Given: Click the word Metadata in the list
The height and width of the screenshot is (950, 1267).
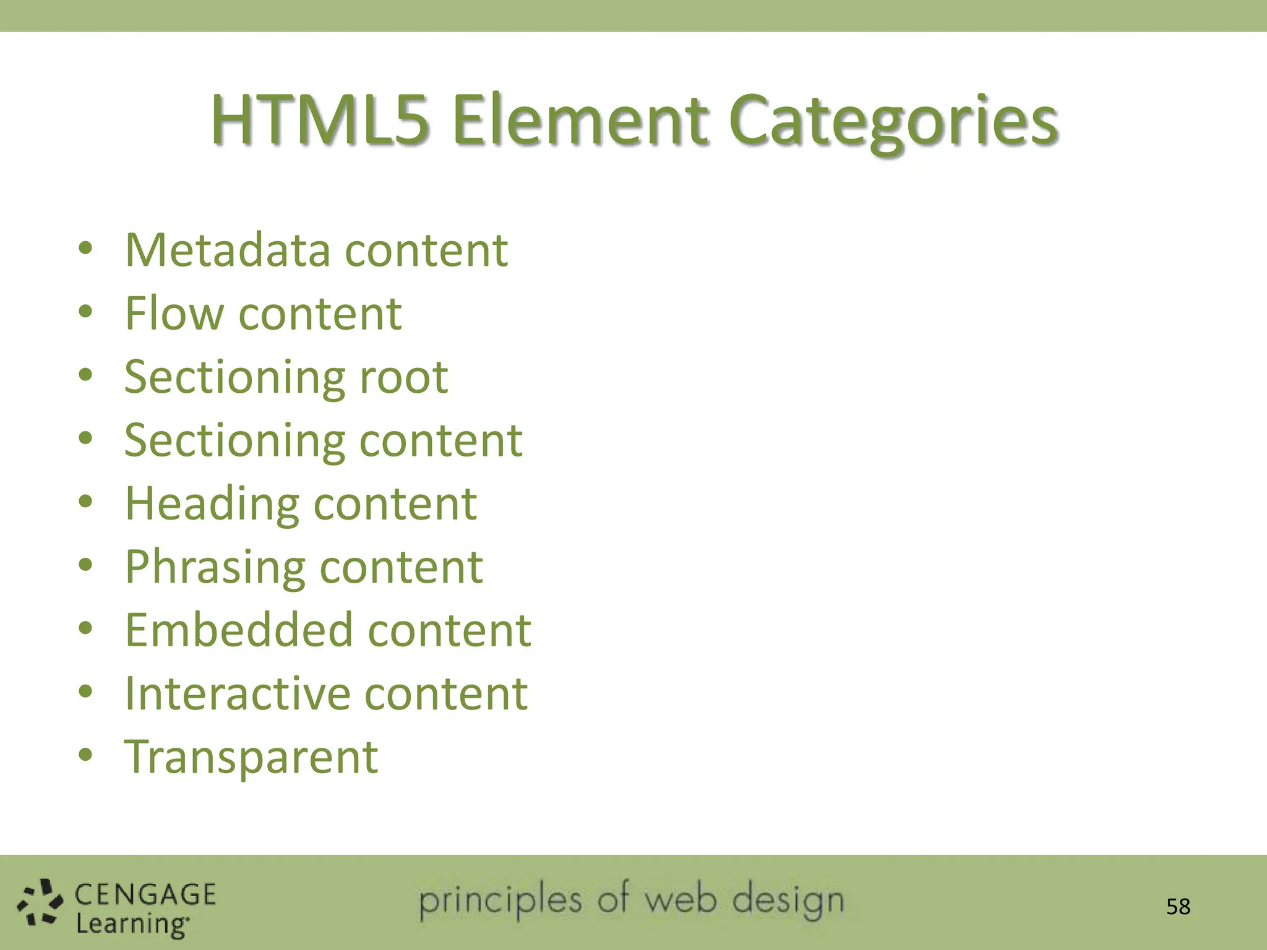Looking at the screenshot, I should (x=228, y=250).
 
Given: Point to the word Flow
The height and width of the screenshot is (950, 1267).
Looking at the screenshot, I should (x=174, y=313).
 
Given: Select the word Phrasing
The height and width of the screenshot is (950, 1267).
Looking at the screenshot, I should (x=215, y=568).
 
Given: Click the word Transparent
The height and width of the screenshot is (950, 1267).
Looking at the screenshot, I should (x=251, y=757).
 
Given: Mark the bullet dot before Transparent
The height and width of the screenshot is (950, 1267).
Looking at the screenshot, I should (x=85, y=755).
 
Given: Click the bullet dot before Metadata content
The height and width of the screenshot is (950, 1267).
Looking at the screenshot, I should (x=85, y=249).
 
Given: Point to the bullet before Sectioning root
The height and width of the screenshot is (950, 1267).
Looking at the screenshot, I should (x=85, y=375).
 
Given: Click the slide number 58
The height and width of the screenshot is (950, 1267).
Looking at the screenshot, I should (x=1178, y=907).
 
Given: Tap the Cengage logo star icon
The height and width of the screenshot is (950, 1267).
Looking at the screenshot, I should (x=40, y=903).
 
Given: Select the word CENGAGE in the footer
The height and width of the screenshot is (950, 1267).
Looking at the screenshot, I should (x=145, y=894).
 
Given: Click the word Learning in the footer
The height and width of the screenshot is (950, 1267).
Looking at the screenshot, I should (x=132, y=924).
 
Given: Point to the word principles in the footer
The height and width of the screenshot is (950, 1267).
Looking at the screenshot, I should (x=500, y=902).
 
